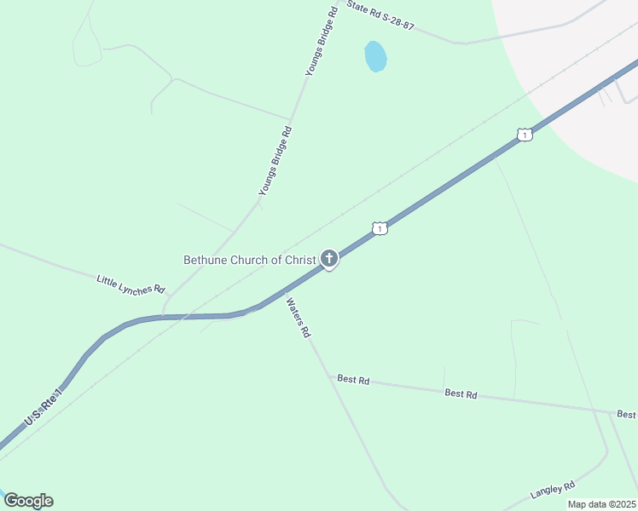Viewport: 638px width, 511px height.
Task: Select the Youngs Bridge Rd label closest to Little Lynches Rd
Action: pyautogui.click(x=275, y=162)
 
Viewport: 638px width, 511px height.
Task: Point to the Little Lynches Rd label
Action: pyautogui.click(x=130, y=284)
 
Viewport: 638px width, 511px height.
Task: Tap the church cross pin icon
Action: pyautogui.click(x=329, y=259)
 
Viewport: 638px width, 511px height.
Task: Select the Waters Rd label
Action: pyautogui.click(x=298, y=318)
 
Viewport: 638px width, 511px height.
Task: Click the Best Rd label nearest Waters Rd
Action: pyautogui.click(x=352, y=379)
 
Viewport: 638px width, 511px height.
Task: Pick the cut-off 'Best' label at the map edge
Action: pyautogui.click(x=626, y=415)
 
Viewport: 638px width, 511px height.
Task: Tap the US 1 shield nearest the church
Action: pyautogui.click(x=380, y=228)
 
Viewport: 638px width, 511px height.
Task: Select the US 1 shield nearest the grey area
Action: pyautogui.click(x=525, y=135)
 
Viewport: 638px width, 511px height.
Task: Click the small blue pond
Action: pyautogui.click(x=375, y=56)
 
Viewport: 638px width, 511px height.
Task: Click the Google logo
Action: pyautogui.click(x=28, y=501)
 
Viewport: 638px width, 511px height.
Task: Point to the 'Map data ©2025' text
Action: pyautogui.click(x=601, y=504)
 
